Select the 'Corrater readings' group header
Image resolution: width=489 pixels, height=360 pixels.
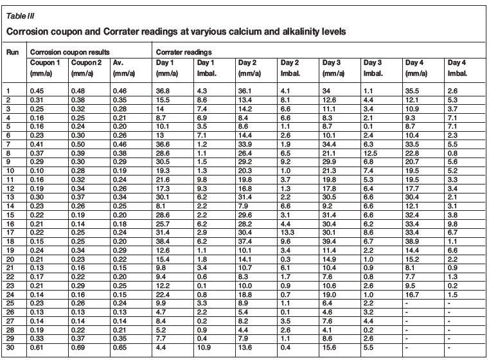point(182,51)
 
